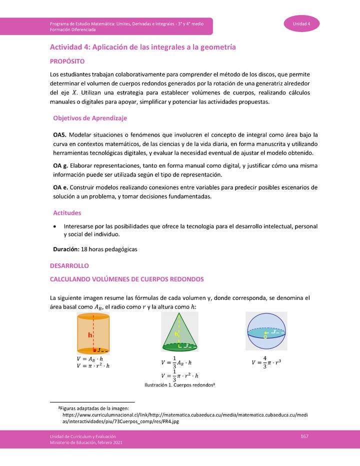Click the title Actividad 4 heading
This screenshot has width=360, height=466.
point(142,47)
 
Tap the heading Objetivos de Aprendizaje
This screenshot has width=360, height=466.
point(90,118)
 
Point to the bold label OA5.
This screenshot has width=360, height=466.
point(59,135)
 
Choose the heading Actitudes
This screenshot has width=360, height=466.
point(67,213)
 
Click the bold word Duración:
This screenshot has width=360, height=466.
point(66,248)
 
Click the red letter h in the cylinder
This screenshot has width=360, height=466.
point(89,335)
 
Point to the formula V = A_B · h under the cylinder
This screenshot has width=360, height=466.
point(89,358)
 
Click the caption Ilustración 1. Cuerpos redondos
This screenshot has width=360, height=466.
point(179,385)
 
